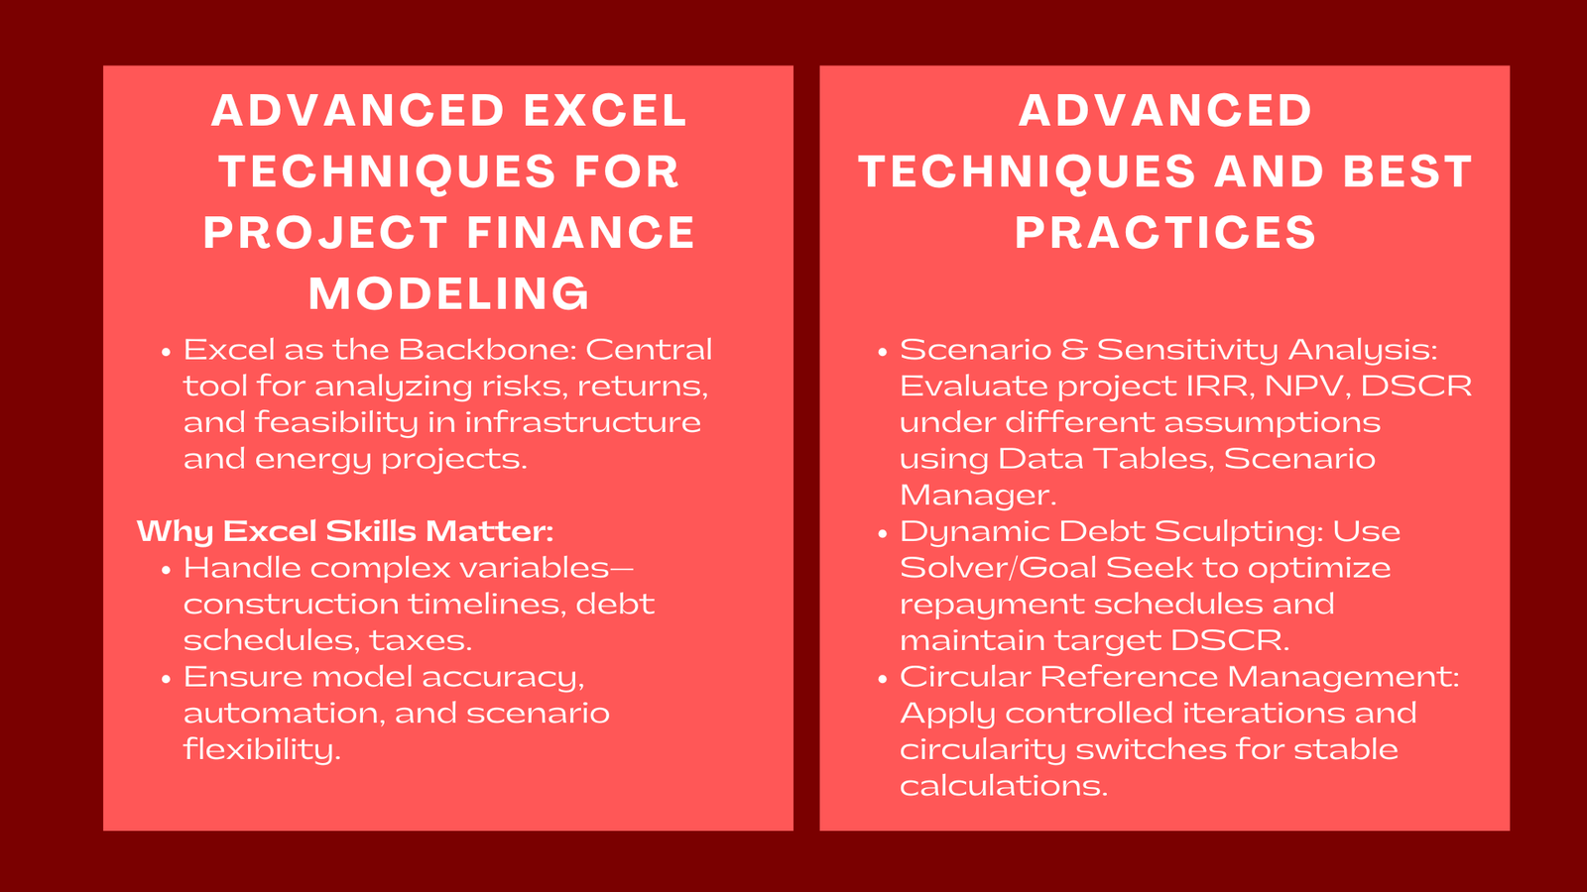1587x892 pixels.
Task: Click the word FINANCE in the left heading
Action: click(581, 233)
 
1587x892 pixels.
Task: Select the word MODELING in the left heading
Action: click(449, 294)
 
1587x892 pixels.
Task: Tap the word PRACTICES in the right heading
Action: click(1165, 233)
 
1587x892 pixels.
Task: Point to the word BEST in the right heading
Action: click(1407, 171)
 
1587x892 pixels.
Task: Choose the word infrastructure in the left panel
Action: click(582, 422)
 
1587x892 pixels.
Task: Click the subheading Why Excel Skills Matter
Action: click(345, 531)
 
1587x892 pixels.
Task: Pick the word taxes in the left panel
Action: click(421, 640)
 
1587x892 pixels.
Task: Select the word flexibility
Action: click(262, 749)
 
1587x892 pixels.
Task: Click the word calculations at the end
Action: click(1003, 786)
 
